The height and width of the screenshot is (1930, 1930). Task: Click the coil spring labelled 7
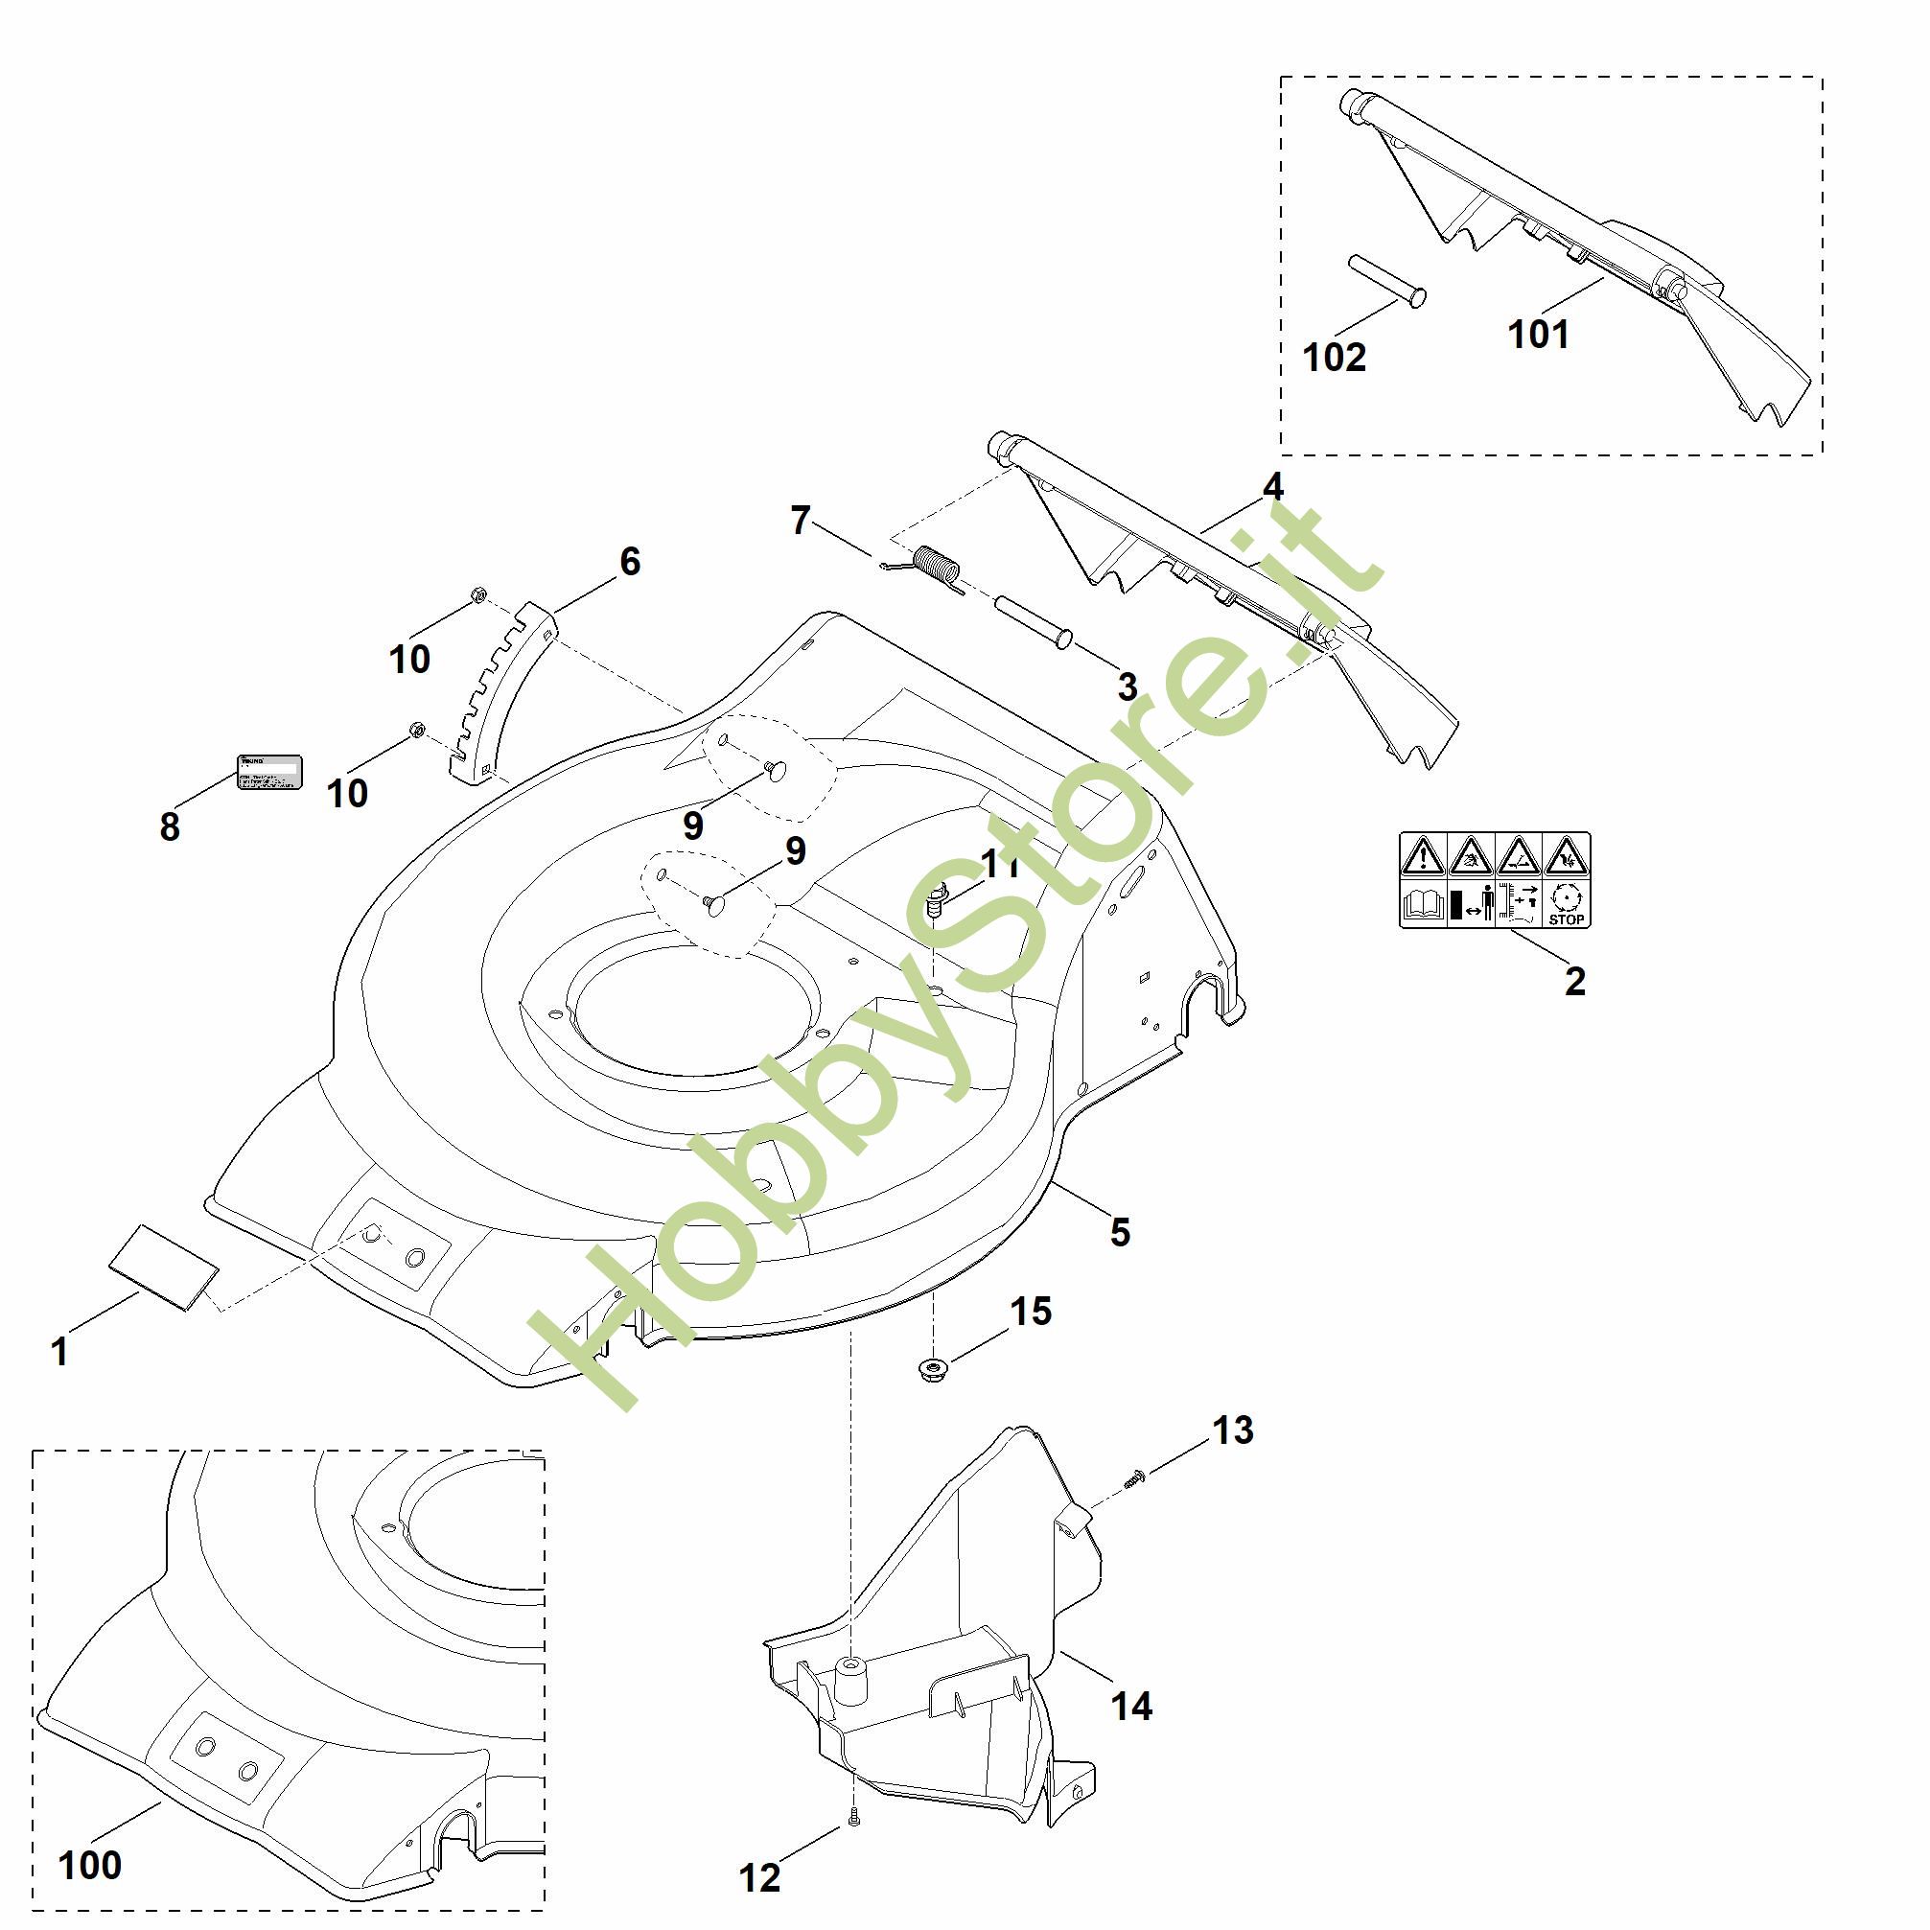pos(939,570)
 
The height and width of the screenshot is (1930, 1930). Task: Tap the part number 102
pos(1334,357)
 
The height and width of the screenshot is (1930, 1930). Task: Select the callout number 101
pos(1538,335)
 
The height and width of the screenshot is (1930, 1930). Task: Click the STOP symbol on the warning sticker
pos(1566,905)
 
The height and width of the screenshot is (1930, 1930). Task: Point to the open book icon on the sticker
pos(1423,906)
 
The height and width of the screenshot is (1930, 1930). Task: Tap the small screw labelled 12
pos(854,1821)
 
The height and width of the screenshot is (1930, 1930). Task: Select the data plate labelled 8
pos(268,772)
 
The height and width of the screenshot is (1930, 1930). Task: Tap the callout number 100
pos(90,1865)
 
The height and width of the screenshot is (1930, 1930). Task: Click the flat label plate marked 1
pos(164,1267)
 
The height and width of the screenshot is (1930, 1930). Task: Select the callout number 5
pos(1120,1232)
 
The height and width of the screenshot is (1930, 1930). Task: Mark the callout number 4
pos(1271,486)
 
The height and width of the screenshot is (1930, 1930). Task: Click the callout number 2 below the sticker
pos(1574,981)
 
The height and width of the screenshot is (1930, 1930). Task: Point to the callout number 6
pos(629,562)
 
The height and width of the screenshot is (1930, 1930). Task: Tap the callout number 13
pos(1233,1430)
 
